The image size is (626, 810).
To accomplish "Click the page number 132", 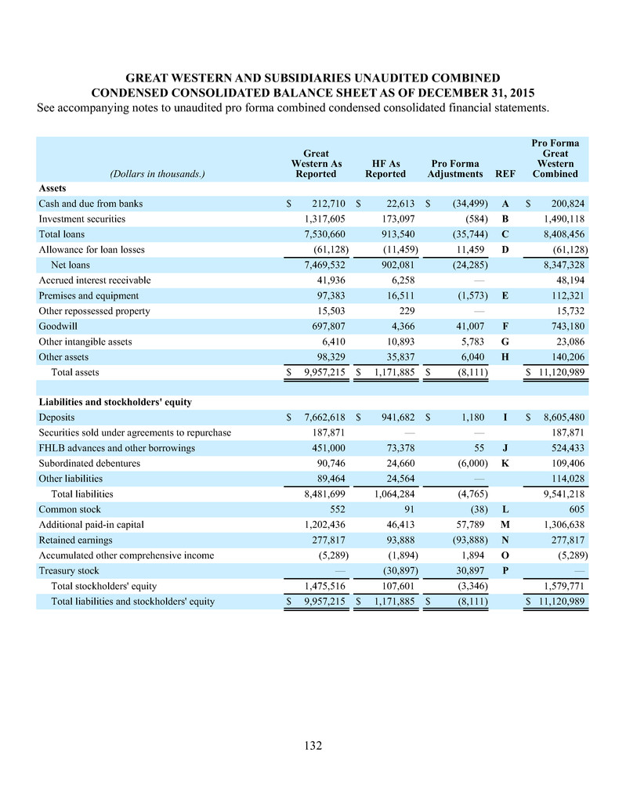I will coord(313,746).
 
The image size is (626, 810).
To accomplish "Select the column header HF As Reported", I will coord(385,168).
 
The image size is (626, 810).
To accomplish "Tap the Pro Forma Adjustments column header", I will coord(455,168).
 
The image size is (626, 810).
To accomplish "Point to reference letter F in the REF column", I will coord(505,326).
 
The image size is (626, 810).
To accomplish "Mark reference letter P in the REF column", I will coord(505,571).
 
